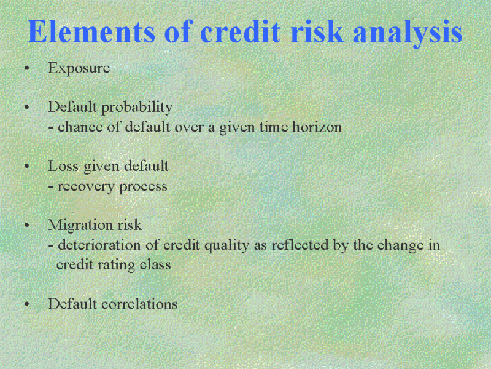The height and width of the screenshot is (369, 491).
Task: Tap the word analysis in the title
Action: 408,33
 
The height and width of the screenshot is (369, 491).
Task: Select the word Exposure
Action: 79,68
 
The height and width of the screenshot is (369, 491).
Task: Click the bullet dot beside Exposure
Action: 26,68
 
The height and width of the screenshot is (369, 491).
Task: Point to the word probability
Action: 137,108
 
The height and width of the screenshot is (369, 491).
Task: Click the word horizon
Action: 317,127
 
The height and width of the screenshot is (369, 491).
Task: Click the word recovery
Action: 86,187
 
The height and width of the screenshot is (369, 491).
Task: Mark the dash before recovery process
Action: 51,187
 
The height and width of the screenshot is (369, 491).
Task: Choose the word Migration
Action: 80,226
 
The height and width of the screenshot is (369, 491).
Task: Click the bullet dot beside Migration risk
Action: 26,225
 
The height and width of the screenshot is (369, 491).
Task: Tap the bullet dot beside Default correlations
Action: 26,304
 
